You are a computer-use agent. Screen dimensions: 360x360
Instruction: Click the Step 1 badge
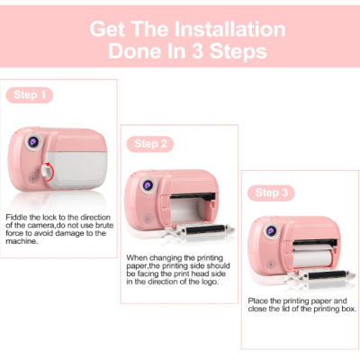[x=30, y=95]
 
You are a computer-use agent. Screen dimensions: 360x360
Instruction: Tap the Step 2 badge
[x=150, y=144]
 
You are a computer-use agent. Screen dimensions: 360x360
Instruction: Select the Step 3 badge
[x=271, y=193]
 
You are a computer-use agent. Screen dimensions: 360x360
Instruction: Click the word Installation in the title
[x=229, y=29]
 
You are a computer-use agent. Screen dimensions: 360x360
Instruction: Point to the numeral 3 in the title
[x=198, y=51]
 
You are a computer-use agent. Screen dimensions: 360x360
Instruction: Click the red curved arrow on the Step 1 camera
[x=50, y=173]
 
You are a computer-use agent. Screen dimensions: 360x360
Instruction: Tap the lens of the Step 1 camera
[x=32, y=141]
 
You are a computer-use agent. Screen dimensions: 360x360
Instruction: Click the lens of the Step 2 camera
[x=148, y=185]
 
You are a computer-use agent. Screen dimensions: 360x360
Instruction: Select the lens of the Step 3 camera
[x=272, y=231]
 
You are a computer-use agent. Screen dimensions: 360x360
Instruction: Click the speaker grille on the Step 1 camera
[x=32, y=179]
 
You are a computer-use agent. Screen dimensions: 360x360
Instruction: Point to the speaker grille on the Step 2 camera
[x=148, y=219]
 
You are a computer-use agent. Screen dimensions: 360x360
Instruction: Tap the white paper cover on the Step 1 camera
[x=76, y=170]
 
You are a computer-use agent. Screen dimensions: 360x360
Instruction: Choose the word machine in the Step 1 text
[x=22, y=241]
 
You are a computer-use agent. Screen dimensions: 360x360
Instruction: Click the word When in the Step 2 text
[x=137, y=258]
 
